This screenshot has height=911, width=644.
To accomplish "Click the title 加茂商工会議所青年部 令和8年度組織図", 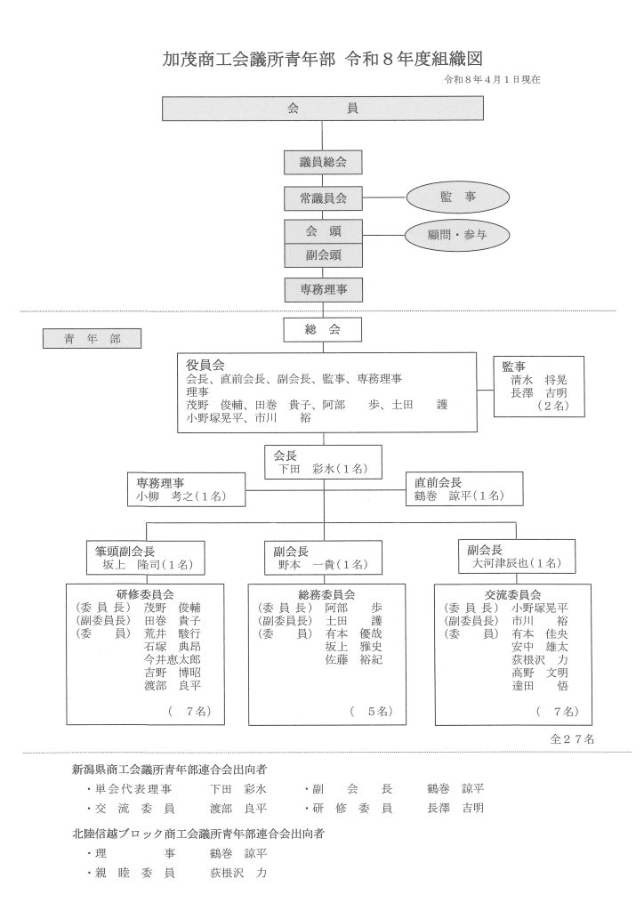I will (x=321, y=59).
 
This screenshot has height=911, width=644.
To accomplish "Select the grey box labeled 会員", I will (x=322, y=108).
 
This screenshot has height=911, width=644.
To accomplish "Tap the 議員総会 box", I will (x=323, y=163).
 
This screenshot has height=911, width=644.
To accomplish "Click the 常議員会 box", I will (x=323, y=198).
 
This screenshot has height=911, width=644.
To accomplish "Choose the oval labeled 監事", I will (x=458, y=197).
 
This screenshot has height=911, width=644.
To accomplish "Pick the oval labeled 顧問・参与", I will (x=458, y=235).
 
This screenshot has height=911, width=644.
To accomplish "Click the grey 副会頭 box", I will (x=323, y=254).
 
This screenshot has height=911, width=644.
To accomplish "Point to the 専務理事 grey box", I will (x=323, y=289).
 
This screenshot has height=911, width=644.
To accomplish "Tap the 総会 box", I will (x=323, y=329).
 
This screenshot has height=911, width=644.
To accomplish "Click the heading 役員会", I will (x=205, y=365).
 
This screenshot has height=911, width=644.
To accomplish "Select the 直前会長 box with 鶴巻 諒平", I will (x=457, y=488).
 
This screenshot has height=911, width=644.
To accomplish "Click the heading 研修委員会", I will (x=144, y=593).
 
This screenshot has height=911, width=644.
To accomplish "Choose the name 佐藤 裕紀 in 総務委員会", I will (x=353, y=660).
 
